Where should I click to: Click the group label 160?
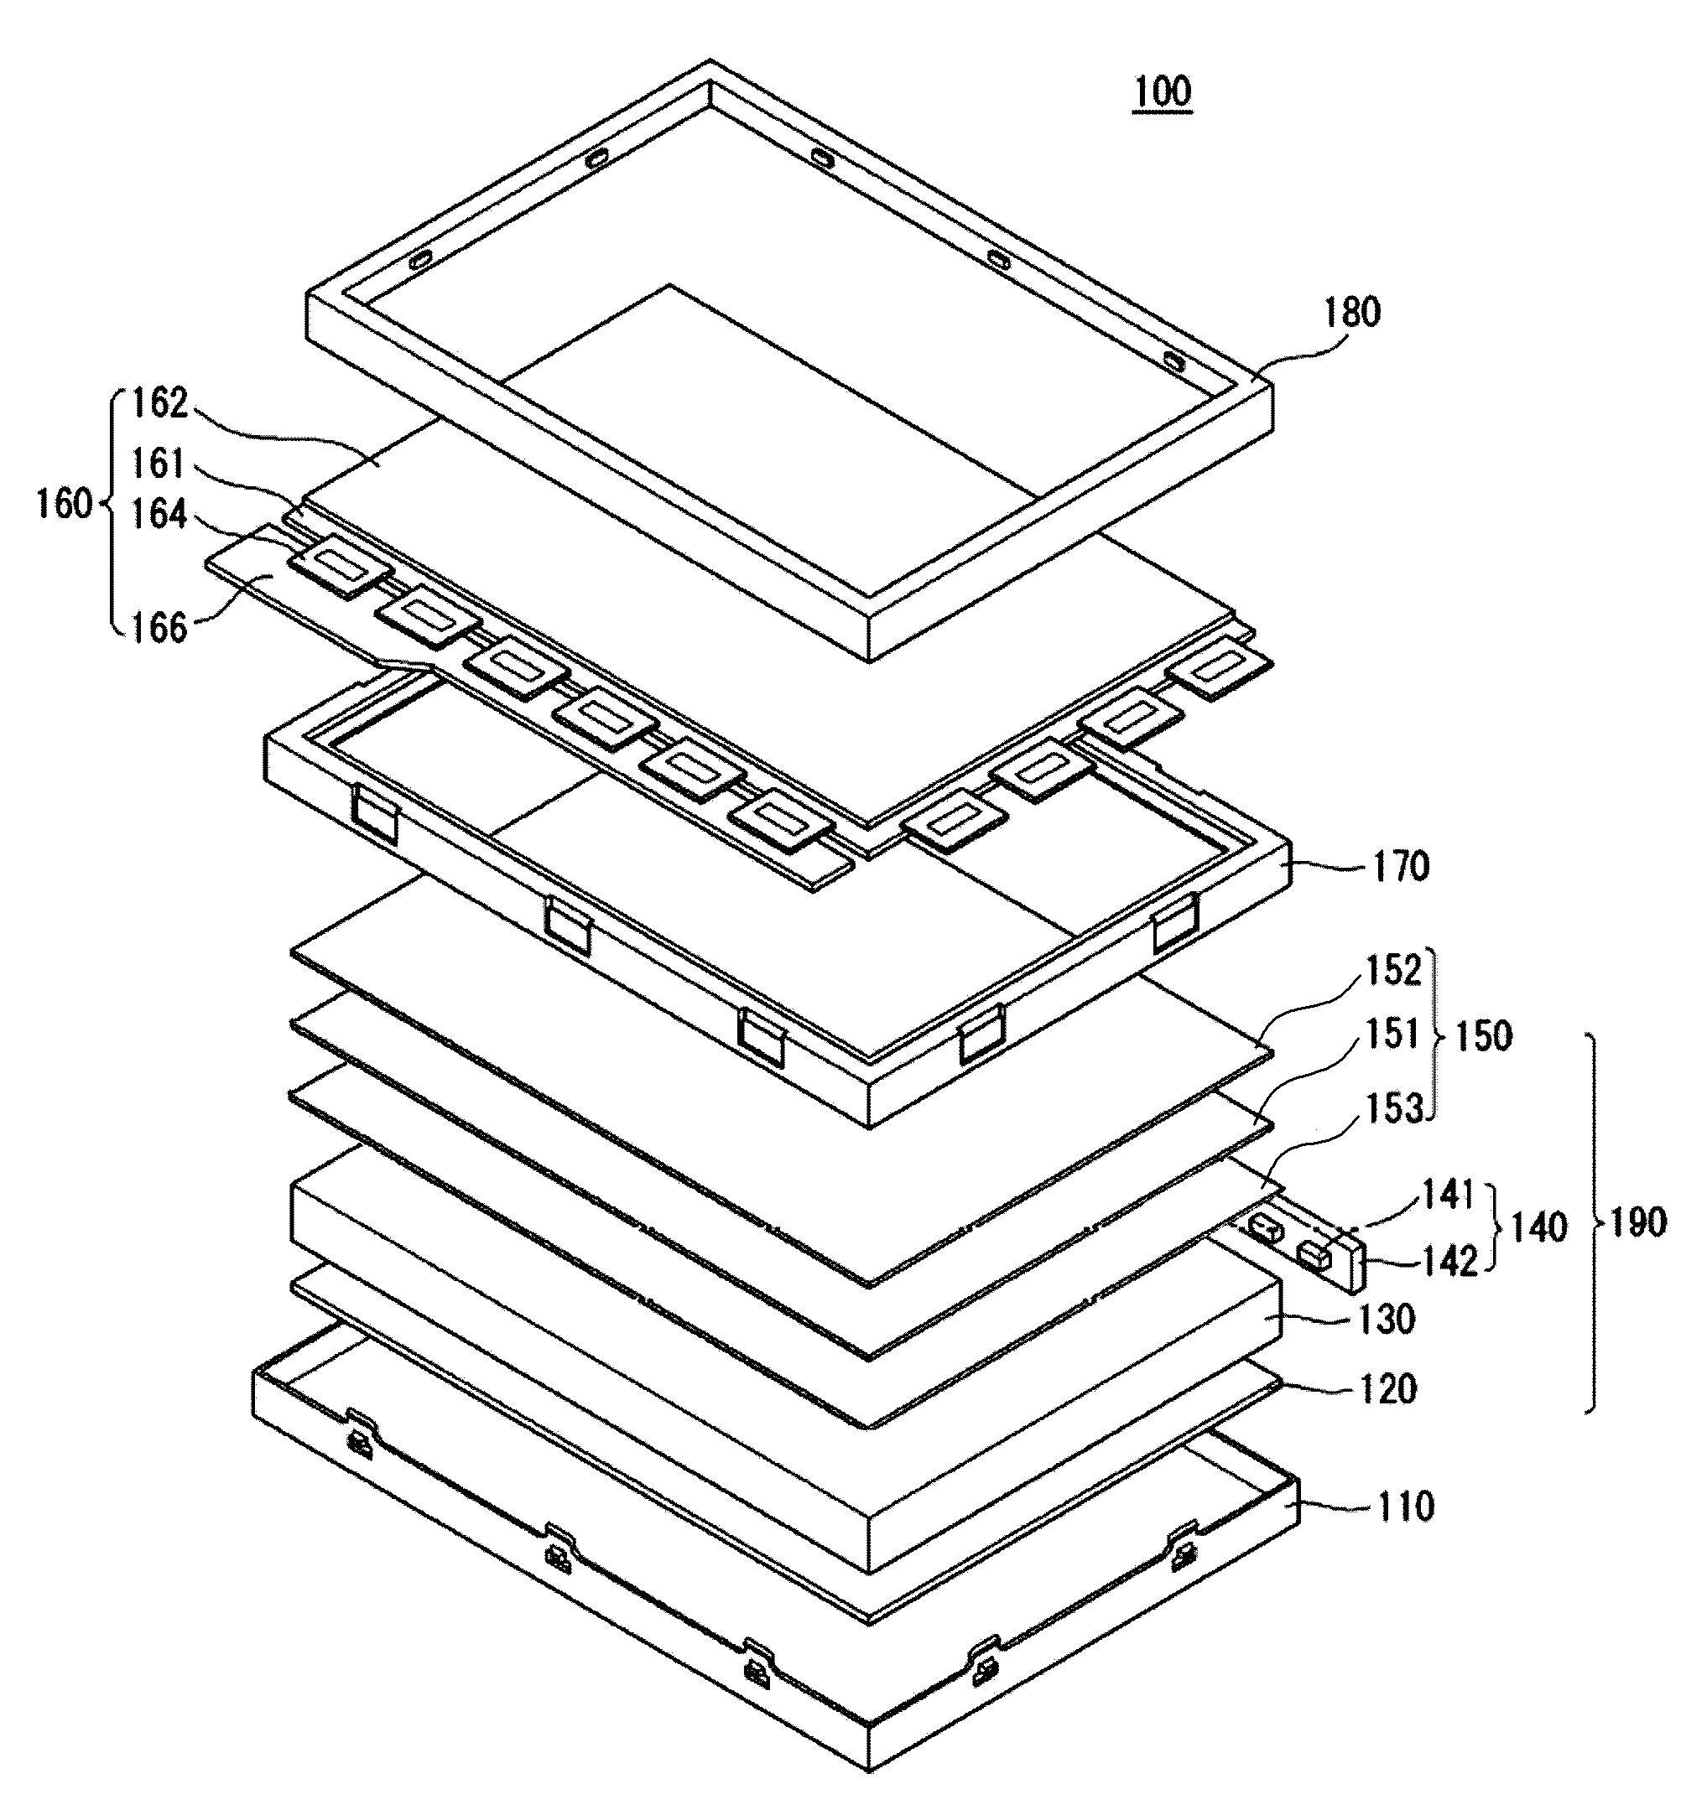(x=65, y=503)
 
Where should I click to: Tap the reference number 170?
(x=1401, y=867)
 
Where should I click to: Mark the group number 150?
(x=1482, y=1036)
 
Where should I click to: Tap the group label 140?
(x=1537, y=1227)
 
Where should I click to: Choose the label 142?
(x=1449, y=1262)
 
